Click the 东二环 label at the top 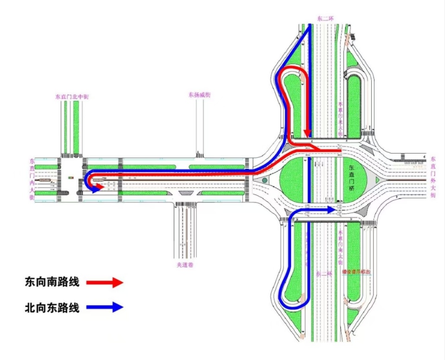(x=325, y=19)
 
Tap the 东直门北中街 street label (x=72, y=97)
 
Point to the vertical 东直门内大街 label (x=32, y=179)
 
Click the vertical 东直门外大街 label (x=433, y=177)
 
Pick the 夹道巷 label (x=184, y=265)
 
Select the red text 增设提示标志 (x=356, y=272)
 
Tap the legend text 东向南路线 (x=52, y=282)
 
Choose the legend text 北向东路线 (x=52, y=307)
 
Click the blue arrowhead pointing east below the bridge (x=331, y=210)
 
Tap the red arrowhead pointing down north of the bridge (x=306, y=133)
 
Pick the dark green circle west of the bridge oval (x=264, y=180)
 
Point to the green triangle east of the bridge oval (x=377, y=179)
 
